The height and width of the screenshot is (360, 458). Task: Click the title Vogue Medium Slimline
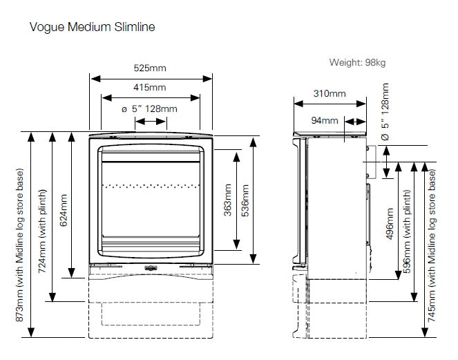pyautogui.click(x=92, y=28)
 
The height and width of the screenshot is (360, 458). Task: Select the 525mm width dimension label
pyautogui.click(x=151, y=68)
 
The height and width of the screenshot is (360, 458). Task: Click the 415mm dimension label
pyautogui.click(x=151, y=88)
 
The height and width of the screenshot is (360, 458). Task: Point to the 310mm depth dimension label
pyautogui.click(x=330, y=93)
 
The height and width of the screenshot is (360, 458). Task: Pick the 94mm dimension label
pyautogui.click(x=325, y=120)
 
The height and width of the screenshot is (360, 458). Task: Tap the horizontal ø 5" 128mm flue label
pyautogui.click(x=149, y=108)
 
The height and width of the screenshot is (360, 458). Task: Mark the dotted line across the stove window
pyautogui.click(x=151, y=185)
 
